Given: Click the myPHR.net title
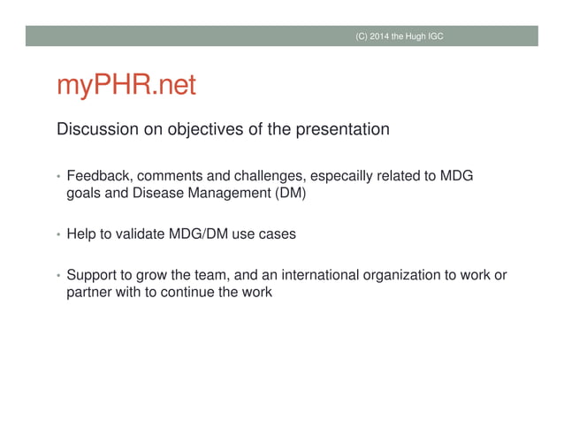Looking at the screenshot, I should (126, 87).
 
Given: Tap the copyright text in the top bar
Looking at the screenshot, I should (400, 35).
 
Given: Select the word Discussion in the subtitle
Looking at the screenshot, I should (95, 130).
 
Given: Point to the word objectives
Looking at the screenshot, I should (194, 130).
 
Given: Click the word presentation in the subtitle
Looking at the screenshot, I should (339, 130).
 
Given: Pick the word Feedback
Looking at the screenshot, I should (100, 176).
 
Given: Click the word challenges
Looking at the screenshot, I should (264, 176).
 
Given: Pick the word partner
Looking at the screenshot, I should (90, 293).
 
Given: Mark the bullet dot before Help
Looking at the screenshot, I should (59, 235).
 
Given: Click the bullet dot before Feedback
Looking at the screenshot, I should (59, 177).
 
